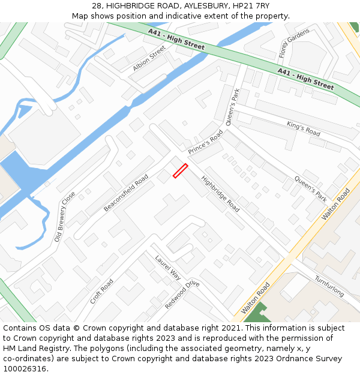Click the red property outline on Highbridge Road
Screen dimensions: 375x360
click(x=180, y=171)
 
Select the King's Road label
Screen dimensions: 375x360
click(x=304, y=128)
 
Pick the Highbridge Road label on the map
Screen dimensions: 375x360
click(x=220, y=194)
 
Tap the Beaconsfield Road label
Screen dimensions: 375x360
click(x=126, y=193)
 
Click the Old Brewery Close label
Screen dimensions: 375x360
click(x=65, y=216)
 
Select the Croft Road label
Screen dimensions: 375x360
click(x=101, y=291)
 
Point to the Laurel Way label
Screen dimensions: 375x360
click(x=167, y=268)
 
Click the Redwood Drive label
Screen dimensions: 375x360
click(x=182, y=294)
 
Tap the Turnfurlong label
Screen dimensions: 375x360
click(x=329, y=286)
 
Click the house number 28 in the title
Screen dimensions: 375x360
click(x=97, y=6)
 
